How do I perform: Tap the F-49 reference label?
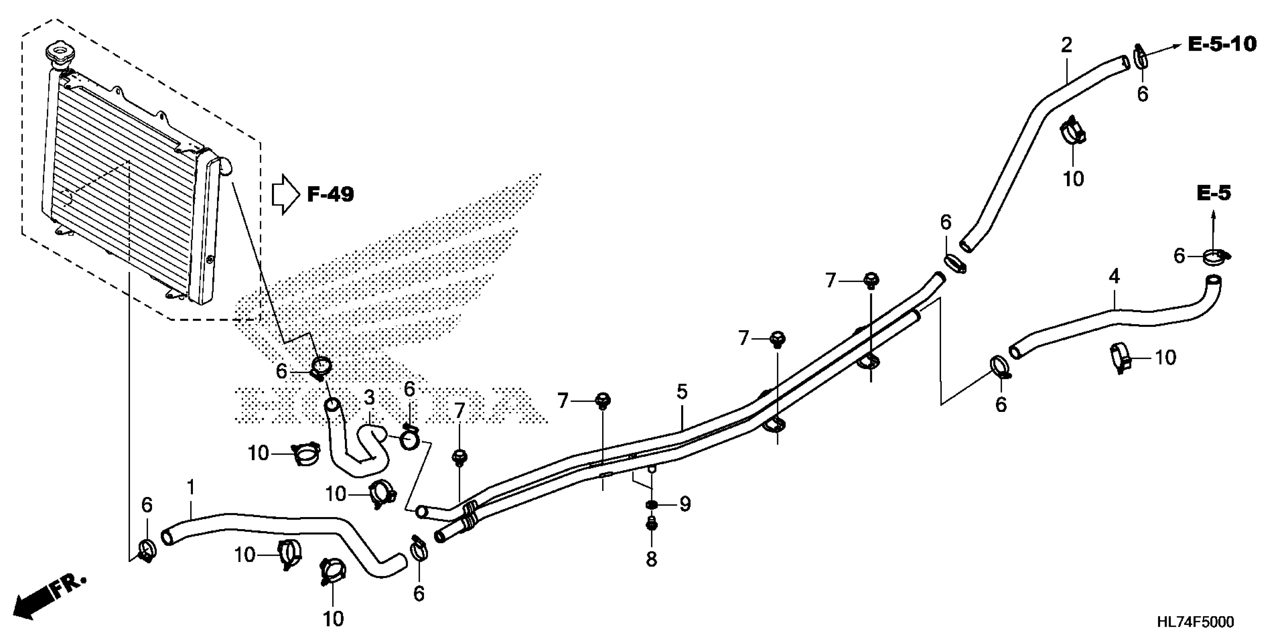[x=330, y=194]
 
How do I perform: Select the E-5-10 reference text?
[x=1221, y=44]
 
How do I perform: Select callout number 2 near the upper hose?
[x=1066, y=45]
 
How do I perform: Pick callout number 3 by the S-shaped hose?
[x=369, y=398]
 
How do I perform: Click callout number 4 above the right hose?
[x=1114, y=276]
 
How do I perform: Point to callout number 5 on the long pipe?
[x=682, y=392]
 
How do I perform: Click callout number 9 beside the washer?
[x=685, y=505]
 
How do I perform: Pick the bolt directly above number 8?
[x=651, y=525]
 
